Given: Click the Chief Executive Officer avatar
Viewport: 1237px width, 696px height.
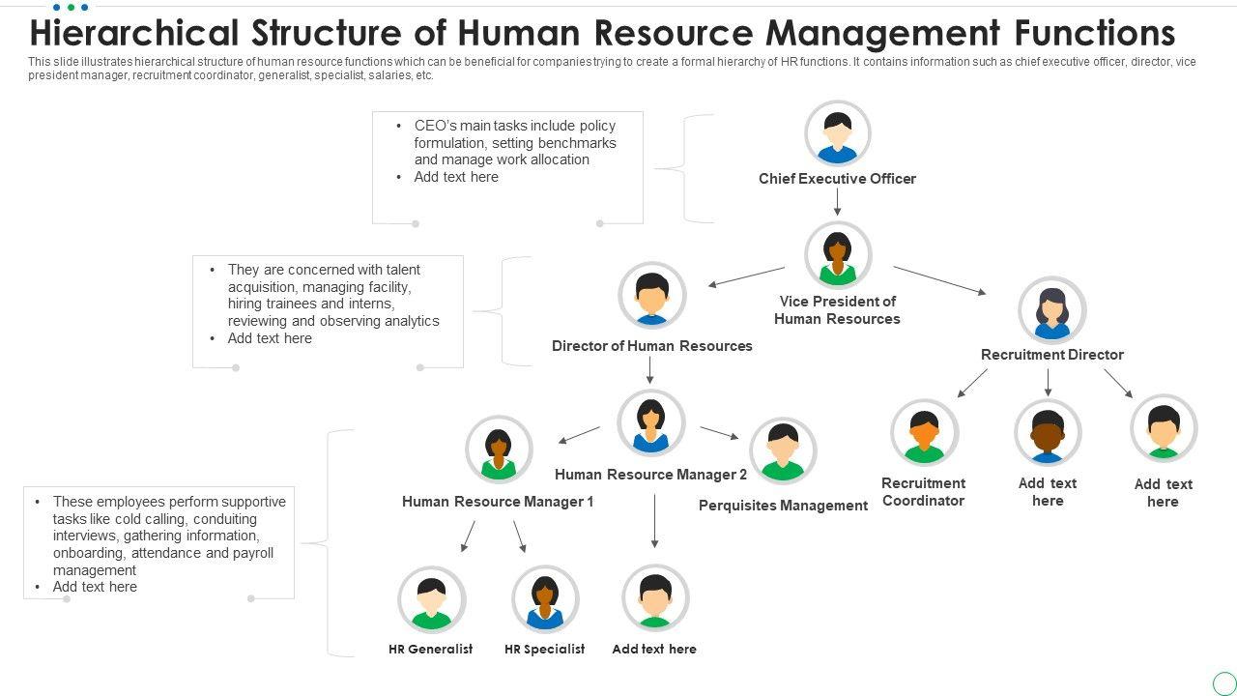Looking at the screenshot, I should [837, 134].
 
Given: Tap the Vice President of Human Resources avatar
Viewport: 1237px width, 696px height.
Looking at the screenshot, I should [837, 256].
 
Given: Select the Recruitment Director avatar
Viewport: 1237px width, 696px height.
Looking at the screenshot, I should [1051, 310].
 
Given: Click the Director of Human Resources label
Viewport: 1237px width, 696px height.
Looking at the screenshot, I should [651, 346].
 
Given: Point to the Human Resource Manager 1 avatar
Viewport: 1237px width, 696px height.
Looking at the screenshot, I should [499, 449].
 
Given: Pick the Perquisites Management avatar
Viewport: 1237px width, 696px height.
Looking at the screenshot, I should [783, 451].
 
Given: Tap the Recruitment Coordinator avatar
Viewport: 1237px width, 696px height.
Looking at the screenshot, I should [924, 433].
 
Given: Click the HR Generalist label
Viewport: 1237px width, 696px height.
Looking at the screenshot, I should [430, 650].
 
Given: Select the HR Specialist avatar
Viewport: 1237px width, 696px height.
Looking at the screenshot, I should [545, 599].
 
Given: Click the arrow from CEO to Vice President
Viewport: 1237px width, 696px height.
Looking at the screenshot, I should [837, 202].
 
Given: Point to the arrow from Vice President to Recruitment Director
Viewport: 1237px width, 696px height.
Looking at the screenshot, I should [939, 280].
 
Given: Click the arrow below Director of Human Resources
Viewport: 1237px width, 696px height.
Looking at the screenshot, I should [650, 370].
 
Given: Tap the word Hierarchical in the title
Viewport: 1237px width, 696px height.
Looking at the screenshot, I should [133, 33].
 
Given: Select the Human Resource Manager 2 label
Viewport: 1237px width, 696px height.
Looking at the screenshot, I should [650, 475].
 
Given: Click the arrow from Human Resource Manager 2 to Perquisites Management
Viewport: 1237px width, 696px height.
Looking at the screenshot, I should [719, 433].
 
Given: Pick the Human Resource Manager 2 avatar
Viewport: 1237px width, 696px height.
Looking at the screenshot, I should [650, 422].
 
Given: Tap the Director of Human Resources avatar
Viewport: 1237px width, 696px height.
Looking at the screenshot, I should [651, 295].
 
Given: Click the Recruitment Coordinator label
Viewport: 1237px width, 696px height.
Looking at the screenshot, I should [923, 492].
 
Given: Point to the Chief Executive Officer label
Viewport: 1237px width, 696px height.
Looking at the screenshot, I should [837, 179].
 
